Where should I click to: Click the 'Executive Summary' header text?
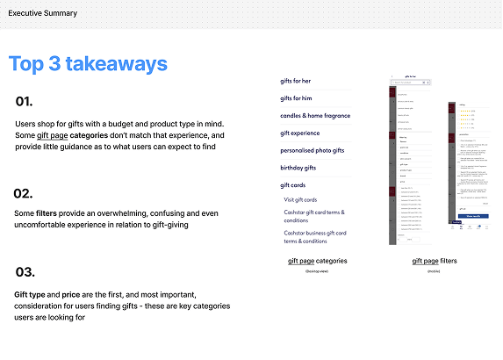coord(43,13)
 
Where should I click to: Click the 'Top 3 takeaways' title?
coord(88,64)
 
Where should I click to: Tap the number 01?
coord(24,102)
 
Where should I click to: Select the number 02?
coord(24,193)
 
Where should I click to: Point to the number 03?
coord(25,272)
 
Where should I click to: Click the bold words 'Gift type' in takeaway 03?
coord(31,293)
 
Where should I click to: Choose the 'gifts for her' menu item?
coord(296,81)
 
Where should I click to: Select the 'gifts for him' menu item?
coord(296,98)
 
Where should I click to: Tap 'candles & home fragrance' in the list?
coord(315,116)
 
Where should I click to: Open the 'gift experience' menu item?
coord(301,133)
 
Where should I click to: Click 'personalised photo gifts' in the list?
coord(313,151)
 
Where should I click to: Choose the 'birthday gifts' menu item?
coord(298,168)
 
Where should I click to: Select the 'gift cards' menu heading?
coord(293,185)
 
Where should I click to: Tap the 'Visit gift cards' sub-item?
coord(301,200)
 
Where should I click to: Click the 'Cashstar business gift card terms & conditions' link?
coord(314,236)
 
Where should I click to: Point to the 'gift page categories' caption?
coord(317,261)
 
